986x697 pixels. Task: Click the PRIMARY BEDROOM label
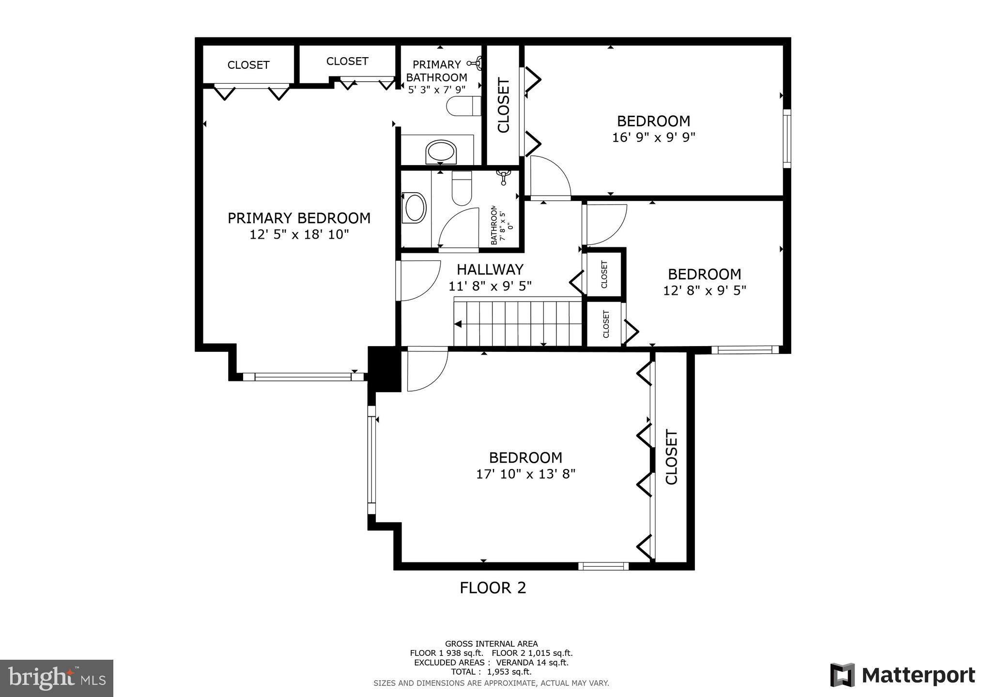coord(299,218)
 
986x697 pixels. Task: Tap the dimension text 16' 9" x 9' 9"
coord(653,137)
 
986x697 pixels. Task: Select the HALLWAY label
coord(490,269)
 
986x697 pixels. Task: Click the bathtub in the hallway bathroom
coord(415,208)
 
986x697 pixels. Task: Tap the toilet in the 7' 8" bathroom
coord(462,188)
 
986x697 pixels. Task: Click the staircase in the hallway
coord(517,322)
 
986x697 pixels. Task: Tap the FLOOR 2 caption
coord(493,588)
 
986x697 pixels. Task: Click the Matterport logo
coord(902,675)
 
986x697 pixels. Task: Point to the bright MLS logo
coord(57,678)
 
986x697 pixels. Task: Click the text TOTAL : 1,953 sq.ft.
coord(491,672)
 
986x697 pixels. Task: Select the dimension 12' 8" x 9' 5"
coord(704,290)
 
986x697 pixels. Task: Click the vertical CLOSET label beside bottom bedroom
coord(671,456)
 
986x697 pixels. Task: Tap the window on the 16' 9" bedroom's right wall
coord(787,138)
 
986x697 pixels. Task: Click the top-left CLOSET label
coord(248,65)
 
